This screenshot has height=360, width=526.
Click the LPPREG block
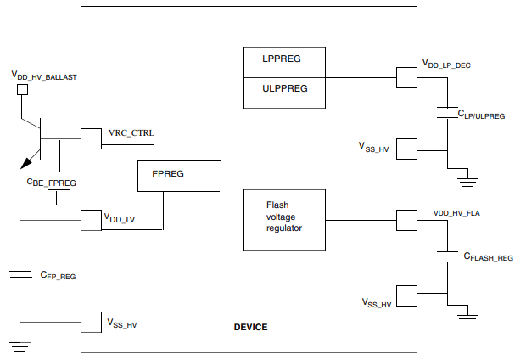point(283,61)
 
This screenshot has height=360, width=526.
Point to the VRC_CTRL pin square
point(91,138)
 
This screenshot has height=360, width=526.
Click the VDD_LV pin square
point(91,220)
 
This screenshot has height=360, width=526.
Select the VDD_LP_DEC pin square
point(406,77)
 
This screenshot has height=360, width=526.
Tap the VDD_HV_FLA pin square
point(406,220)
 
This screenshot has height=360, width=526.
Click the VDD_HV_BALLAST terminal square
point(23,88)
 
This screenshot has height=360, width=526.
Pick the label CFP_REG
point(58,276)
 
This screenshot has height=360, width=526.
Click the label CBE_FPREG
point(53,182)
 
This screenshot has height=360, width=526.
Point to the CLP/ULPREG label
point(481,114)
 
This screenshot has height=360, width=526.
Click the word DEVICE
point(250,327)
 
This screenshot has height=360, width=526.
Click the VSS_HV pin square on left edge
point(91,322)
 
